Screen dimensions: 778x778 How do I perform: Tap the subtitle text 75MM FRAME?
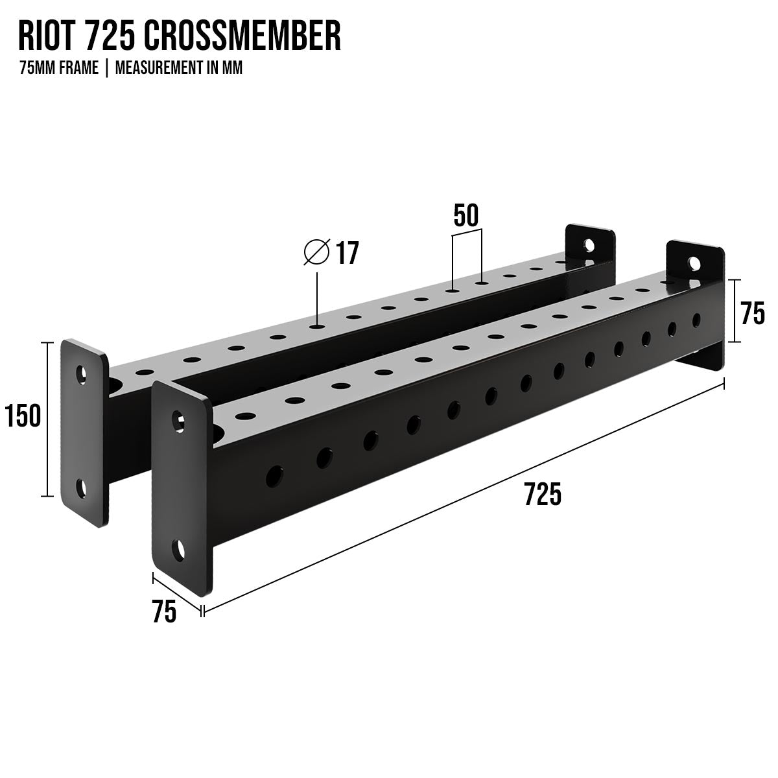click(59, 69)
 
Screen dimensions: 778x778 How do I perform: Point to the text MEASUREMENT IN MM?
click(179, 69)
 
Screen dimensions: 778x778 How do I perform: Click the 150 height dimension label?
click(23, 416)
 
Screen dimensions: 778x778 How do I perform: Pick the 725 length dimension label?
click(542, 495)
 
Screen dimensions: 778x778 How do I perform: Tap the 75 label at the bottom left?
click(164, 612)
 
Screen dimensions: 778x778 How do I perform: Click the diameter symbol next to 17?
click(316, 252)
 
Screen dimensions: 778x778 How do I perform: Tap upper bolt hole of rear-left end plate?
click(82, 373)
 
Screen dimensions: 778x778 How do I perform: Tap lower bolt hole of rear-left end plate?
click(82, 488)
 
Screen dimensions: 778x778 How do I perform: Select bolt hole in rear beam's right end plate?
click(589, 245)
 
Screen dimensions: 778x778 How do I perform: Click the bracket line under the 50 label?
click(467, 230)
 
